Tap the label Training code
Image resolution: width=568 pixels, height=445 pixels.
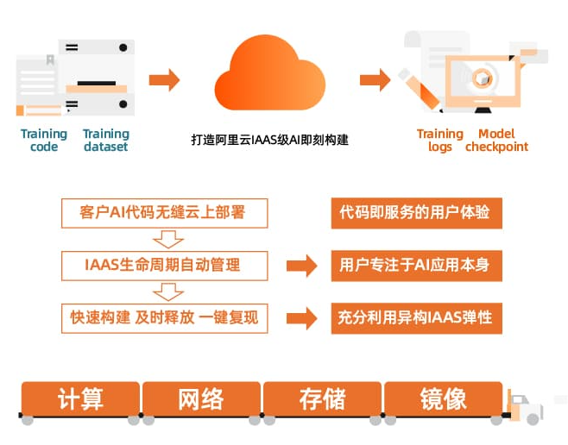(x=43, y=140)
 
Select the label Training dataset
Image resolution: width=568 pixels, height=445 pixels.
(x=106, y=140)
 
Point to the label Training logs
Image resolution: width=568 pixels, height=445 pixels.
(x=440, y=140)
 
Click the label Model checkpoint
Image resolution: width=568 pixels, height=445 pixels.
(x=496, y=140)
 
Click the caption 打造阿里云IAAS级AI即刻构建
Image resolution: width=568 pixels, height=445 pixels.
(x=269, y=139)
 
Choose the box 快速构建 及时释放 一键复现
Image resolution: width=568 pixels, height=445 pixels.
(x=164, y=317)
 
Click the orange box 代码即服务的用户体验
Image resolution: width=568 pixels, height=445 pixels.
(x=416, y=212)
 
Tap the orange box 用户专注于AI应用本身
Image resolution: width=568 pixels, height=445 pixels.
(x=416, y=265)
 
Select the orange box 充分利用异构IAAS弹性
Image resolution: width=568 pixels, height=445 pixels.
(x=416, y=317)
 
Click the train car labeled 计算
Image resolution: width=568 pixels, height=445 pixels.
(x=80, y=399)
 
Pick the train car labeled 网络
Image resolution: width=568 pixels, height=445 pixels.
(x=201, y=399)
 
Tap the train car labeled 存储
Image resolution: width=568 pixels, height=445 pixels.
(x=322, y=399)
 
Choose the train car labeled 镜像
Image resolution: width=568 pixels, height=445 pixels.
(x=444, y=399)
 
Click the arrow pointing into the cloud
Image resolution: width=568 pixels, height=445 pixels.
(x=164, y=80)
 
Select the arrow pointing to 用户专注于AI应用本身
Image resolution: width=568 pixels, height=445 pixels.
(x=301, y=265)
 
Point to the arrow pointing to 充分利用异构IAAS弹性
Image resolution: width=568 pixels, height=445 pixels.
(x=301, y=317)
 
